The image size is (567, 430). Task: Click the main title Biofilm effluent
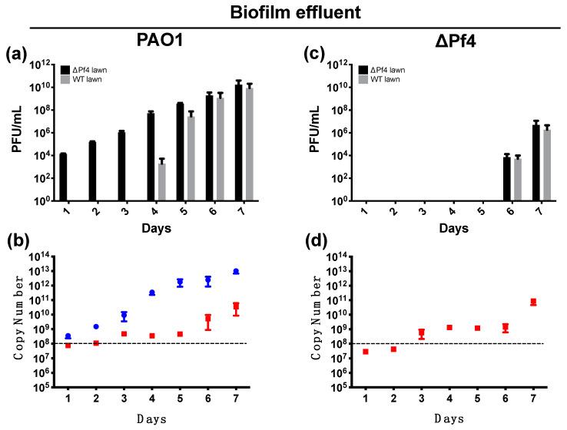pos(283,13)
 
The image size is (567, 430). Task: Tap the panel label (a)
pos(17,55)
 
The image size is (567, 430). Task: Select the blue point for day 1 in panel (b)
pos(68,336)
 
